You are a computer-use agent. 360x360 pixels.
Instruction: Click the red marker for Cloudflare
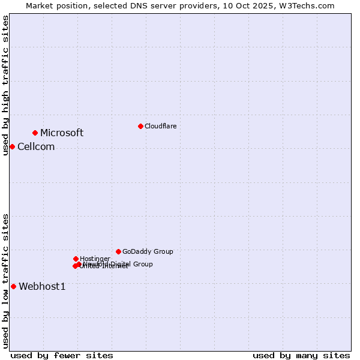pos(140,126)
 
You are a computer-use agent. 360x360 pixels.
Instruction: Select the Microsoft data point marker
pos(35,133)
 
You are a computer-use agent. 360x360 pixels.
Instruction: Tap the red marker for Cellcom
pos(12,146)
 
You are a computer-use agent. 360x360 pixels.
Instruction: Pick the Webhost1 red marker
pos(13,286)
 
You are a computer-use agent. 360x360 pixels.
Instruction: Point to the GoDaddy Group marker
pos(118,251)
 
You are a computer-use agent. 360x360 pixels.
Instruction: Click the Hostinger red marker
pos(76,259)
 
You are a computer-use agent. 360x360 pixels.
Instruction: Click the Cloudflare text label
pos(160,126)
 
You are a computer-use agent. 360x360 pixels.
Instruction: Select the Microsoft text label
pos(62,133)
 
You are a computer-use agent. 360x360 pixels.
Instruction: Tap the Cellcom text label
pos(36,147)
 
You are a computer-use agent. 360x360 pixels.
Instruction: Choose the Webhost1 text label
pos(42,287)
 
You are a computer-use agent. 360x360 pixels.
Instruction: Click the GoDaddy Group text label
pos(148,252)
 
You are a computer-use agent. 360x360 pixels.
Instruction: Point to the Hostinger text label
pos(95,259)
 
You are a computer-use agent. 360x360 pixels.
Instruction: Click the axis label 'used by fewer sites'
pos(62,355)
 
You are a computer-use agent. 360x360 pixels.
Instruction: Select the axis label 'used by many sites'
pos(301,355)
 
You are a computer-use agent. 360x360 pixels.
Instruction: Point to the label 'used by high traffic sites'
pos(5,85)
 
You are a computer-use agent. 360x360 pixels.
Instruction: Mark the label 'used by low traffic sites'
pos(5,281)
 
